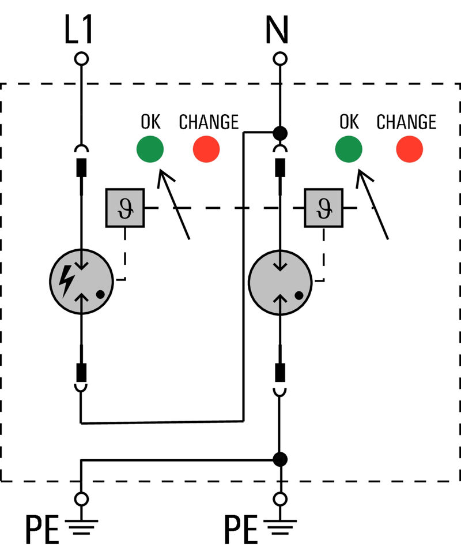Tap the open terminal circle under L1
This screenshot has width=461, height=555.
coord(81,59)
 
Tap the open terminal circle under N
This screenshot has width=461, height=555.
coord(280,59)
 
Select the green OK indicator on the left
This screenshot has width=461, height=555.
coord(150,149)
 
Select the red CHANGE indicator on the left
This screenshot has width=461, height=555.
coord(206,149)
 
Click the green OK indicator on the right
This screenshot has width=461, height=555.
coord(349,149)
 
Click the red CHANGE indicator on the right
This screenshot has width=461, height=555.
coord(409,149)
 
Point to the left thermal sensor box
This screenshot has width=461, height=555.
coord(124,208)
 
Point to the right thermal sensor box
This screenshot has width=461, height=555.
coord(323,208)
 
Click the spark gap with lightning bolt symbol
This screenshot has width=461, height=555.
coord(81,281)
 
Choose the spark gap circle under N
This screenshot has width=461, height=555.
coord(280,281)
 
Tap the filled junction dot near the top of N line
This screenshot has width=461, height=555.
coord(280,133)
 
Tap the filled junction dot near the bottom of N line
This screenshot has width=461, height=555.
coord(280,459)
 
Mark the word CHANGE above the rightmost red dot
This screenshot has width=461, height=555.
coord(406,122)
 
